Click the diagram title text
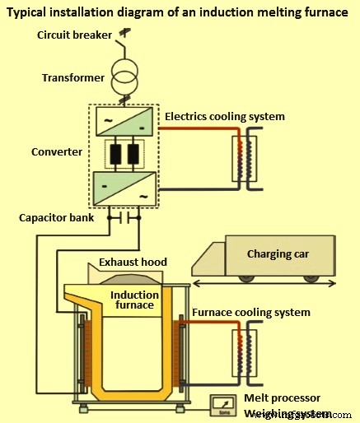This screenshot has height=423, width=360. click(x=180, y=12)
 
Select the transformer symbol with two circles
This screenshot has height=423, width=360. click(x=125, y=79)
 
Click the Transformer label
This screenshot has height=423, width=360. click(x=72, y=78)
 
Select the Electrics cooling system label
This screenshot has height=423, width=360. click(x=225, y=116)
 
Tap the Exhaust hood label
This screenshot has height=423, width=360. click(x=133, y=262)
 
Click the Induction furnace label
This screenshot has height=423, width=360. click(x=134, y=301)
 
